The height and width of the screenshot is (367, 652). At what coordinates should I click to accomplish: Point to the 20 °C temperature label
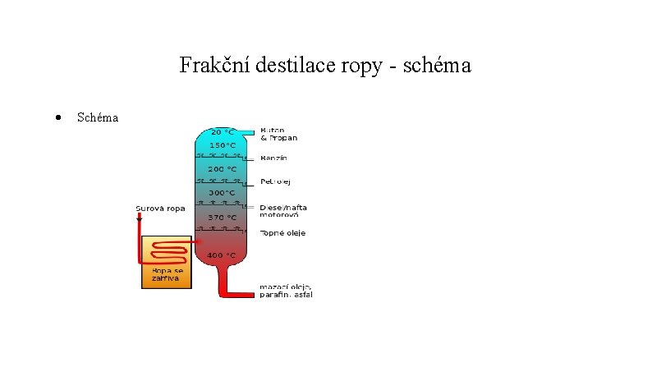(222, 131)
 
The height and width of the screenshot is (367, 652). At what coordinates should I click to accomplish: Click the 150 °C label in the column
(222, 145)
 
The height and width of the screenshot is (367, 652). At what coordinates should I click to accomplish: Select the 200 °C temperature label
(222, 169)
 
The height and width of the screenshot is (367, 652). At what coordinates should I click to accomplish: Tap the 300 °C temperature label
(222, 193)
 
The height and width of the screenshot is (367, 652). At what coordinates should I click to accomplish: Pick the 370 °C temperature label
(222, 218)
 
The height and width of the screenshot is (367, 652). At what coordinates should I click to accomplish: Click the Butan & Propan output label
(278, 134)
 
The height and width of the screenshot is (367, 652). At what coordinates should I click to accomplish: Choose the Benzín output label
(273, 158)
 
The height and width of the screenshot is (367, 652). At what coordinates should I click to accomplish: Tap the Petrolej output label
(275, 181)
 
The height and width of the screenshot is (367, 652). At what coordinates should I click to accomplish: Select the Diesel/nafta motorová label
(283, 212)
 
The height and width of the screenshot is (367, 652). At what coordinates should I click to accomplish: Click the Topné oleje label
(282, 233)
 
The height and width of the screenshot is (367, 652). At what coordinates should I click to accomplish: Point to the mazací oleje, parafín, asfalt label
(286, 291)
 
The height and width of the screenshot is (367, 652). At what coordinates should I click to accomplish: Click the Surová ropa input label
(160, 209)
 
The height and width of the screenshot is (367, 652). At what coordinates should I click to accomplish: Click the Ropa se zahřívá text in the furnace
(166, 273)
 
